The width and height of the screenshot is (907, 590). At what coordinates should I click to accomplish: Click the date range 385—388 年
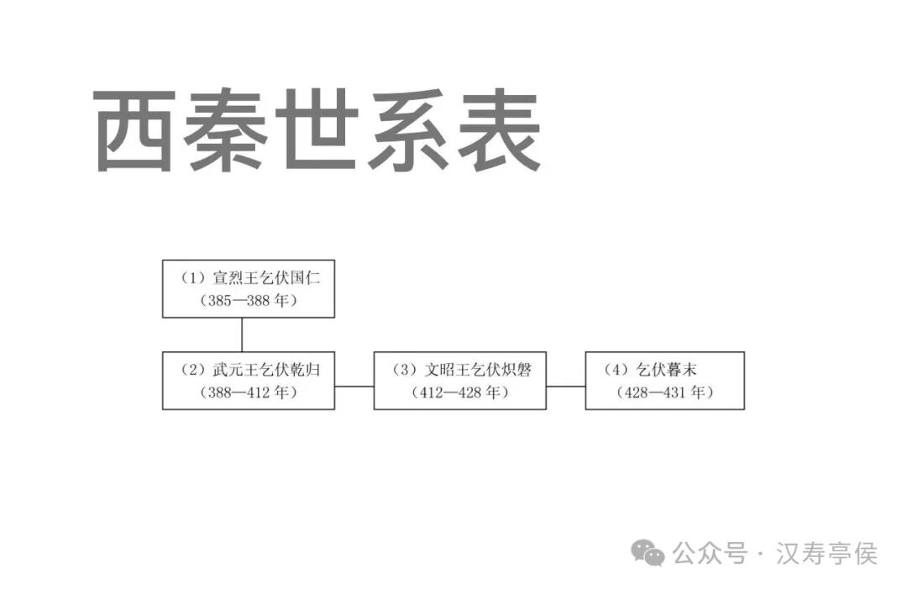pos(249,300)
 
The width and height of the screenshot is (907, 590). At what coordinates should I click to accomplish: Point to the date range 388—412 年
pos(249,392)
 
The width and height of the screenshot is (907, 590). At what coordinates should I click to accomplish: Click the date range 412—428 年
pos(460,392)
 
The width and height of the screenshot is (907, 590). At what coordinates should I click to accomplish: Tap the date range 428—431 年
pos(664,392)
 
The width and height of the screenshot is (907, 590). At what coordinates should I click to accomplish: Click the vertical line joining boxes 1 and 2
pos(242,335)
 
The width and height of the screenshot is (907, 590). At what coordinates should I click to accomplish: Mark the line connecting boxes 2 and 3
pos(354,386)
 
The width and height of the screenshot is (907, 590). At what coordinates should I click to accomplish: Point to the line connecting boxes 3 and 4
pos(566,386)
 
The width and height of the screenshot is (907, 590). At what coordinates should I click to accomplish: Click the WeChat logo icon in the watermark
pos(648,553)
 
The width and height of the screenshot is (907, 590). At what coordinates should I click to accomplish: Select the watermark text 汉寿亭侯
pos(826,554)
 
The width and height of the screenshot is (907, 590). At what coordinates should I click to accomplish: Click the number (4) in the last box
pos(616,370)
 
